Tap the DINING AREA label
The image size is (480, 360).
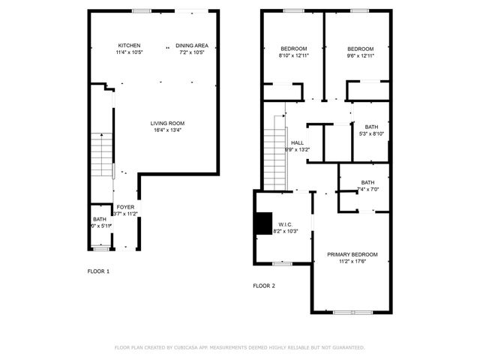(x=190, y=46)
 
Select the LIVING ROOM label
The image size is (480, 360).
(x=167, y=124)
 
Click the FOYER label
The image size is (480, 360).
(x=125, y=207)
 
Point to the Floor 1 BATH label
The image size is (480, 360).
(x=100, y=219)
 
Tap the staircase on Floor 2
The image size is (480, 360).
(x=274, y=150)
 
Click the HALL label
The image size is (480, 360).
(x=297, y=142)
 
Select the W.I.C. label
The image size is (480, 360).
(x=285, y=224)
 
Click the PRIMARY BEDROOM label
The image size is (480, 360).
(x=352, y=254)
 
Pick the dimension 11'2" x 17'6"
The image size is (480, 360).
(x=352, y=262)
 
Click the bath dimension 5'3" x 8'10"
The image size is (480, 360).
(x=371, y=134)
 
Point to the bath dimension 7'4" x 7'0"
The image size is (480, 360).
(x=367, y=189)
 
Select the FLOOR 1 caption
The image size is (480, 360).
(x=98, y=271)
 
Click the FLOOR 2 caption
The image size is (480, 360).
(x=263, y=286)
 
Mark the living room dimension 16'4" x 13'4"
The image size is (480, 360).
(x=167, y=130)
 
